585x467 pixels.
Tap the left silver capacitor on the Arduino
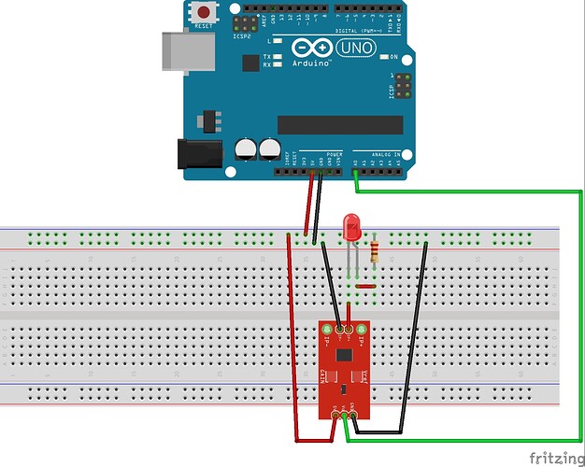click(247, 149)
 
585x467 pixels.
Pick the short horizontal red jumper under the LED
click(364, 286)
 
